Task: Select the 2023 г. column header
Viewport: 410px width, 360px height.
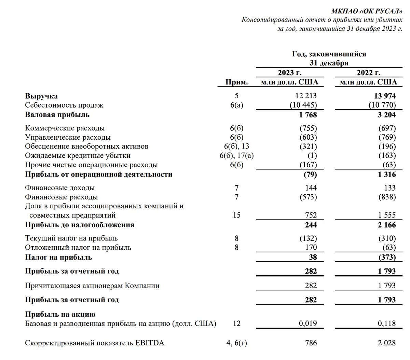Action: click(x=289, y=73)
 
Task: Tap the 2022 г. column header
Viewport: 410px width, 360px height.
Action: click(x=368, y=73)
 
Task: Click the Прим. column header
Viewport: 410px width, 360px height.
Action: click(x=236, y=82)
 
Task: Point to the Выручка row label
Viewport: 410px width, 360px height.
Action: click(x=41, y=96)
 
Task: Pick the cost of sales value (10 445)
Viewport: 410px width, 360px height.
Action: click(x=303, y=105)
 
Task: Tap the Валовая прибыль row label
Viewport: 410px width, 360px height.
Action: click(x=57, y=115)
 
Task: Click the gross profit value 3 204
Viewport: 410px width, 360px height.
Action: click(x=386, y=115)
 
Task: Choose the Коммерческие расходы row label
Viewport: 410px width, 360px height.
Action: click(x=65, y=128)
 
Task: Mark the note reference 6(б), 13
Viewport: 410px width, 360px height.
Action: click(x=236, y=147)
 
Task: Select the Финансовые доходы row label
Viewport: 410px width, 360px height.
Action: click(x=60, y=188)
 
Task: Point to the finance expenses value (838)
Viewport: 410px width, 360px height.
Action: click(x=387, y=197)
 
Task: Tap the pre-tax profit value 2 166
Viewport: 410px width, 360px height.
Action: click(x=386, y=225)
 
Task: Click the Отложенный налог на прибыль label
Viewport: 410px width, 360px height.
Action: click(x=78, y=248)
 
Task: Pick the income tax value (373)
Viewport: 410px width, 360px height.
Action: click(x=387, y=257)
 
